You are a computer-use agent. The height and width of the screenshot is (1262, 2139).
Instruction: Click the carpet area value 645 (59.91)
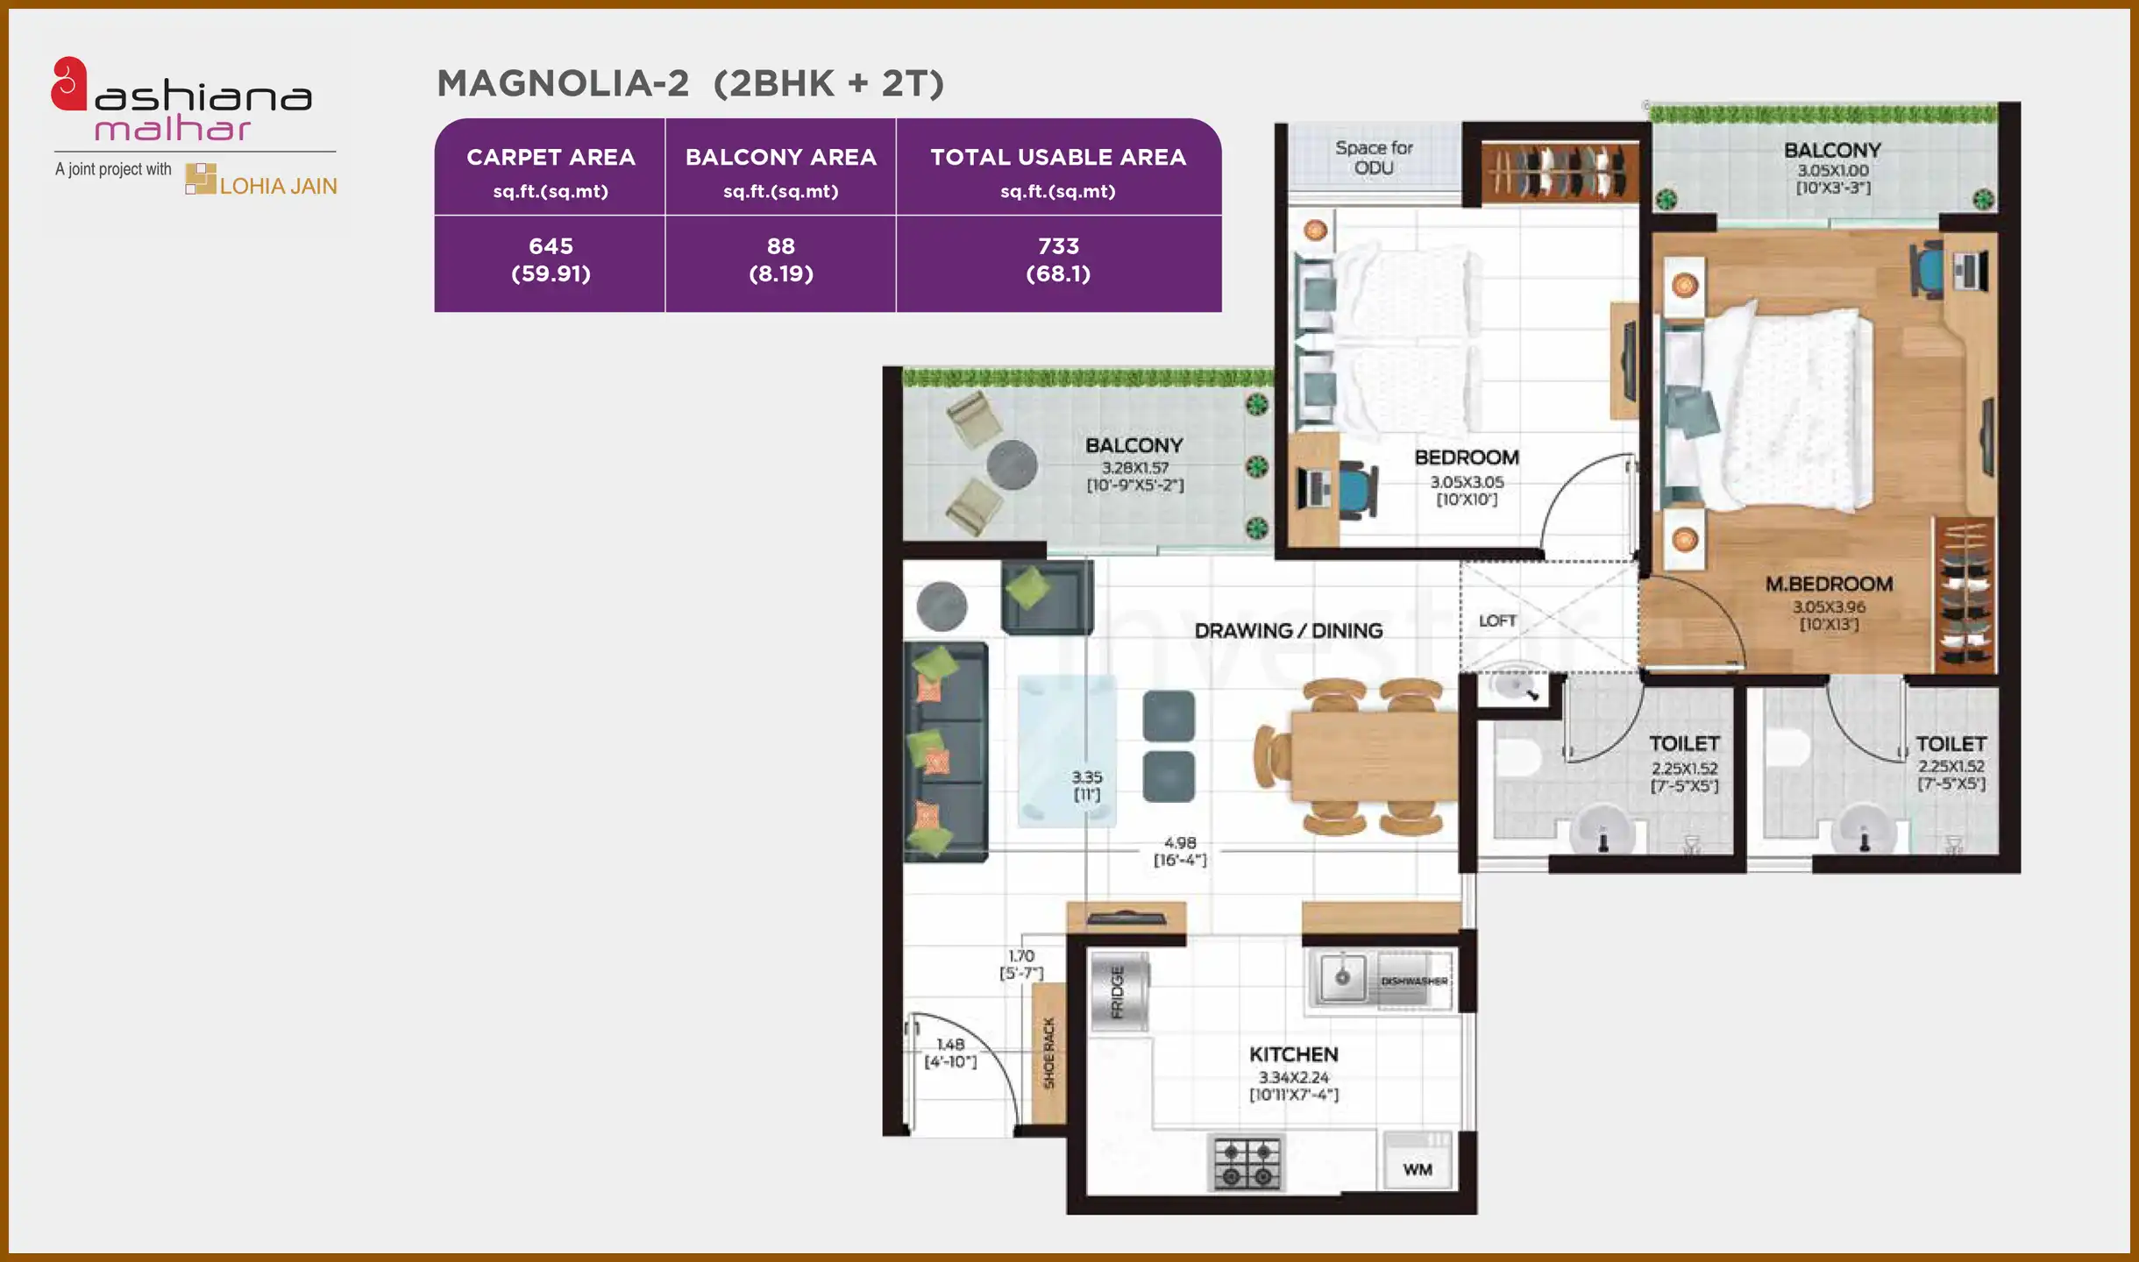(551, 259)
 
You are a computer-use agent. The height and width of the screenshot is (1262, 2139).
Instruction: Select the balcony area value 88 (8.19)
(780, 259)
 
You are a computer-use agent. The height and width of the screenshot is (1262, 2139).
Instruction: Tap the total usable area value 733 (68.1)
(1058, 259)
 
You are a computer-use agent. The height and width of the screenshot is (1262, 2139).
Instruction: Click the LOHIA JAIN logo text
(277, 186)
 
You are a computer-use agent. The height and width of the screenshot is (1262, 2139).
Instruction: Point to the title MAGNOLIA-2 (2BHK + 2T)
(690, 83)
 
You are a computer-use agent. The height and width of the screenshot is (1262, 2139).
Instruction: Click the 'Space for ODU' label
(1374, 158)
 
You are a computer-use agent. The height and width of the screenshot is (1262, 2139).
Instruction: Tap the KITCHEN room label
(1293, 1054)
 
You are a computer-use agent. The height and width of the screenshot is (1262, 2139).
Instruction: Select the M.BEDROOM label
(1829, 584)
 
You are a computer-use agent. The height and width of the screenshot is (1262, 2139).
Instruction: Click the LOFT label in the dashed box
(1496, 620)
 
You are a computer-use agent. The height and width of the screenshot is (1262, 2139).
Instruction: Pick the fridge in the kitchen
(1119, 992)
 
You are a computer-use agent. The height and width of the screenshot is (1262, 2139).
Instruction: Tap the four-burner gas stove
(1247, 1163)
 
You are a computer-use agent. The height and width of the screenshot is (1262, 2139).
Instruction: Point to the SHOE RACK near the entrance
(1048, 1053)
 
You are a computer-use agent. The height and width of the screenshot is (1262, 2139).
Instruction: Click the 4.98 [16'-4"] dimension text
(1180, 851)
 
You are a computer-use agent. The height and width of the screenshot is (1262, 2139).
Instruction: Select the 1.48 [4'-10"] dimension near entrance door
(950, 1053)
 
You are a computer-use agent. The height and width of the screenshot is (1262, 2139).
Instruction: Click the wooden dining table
(1372, 756)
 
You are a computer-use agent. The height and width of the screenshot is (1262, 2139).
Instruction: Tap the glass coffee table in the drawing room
(1066, 750)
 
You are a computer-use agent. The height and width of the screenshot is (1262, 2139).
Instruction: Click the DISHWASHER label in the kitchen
(1413, 981)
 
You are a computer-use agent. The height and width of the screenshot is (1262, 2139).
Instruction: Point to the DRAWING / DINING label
(1288, 631)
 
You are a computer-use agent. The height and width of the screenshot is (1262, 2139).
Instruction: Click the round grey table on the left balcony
(1012, 464)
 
